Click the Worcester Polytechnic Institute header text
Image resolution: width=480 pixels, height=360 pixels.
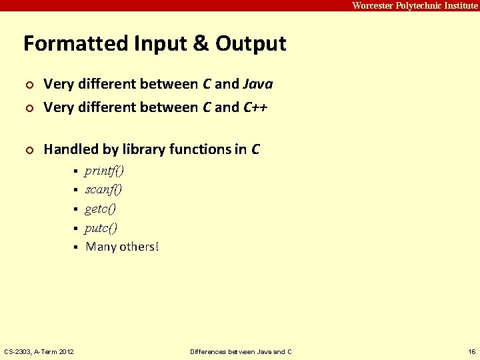click(x=415, y=5)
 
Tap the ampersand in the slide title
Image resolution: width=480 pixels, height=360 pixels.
click(x=199, y=44)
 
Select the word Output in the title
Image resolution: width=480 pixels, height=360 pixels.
click(x=251, y=44)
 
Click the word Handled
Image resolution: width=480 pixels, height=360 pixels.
click(x=71, y=149)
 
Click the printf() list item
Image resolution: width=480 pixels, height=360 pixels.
click(x=104, y=171)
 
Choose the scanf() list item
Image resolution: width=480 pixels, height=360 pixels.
click(x=103, y=190)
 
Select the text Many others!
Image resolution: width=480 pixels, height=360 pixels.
click(x=122, y=247)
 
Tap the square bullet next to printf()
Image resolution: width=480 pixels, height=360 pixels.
click(x=75, y=172)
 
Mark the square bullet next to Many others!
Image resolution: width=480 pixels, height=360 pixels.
click(x=75, y=247)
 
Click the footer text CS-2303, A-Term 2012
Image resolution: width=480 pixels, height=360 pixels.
click(x=39, y=351)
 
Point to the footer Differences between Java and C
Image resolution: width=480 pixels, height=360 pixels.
click(x=241, y=351)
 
